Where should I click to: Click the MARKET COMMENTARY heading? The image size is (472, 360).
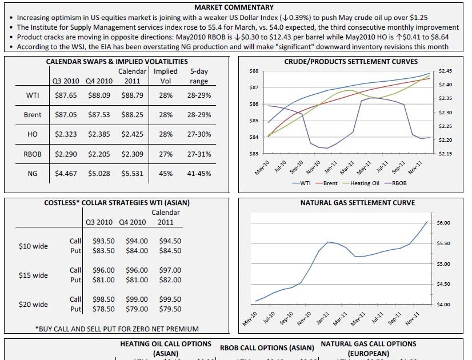(234, 7)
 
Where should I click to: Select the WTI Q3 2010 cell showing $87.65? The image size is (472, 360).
(66, 95)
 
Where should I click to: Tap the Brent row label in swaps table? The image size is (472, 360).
(33, 115)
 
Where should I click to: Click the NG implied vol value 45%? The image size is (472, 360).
(166, 174)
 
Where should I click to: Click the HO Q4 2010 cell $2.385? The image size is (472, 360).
(99, 134)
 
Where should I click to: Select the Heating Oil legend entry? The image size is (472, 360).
(360, 183)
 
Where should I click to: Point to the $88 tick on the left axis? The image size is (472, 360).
(255, 71)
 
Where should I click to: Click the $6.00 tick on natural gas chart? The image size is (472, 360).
(443, 222)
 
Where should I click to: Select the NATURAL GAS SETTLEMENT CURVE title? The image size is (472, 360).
(358, 203)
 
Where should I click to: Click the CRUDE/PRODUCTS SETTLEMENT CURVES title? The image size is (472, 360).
(351, 62)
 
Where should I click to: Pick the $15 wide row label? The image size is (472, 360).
(33, 275)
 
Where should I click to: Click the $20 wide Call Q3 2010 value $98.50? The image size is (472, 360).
(103, 299)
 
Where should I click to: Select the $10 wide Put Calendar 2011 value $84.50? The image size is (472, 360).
(170, 251)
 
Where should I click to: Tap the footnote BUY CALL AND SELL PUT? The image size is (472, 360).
(117, 329)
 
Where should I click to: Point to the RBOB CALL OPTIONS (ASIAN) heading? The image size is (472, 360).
(267, 348)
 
